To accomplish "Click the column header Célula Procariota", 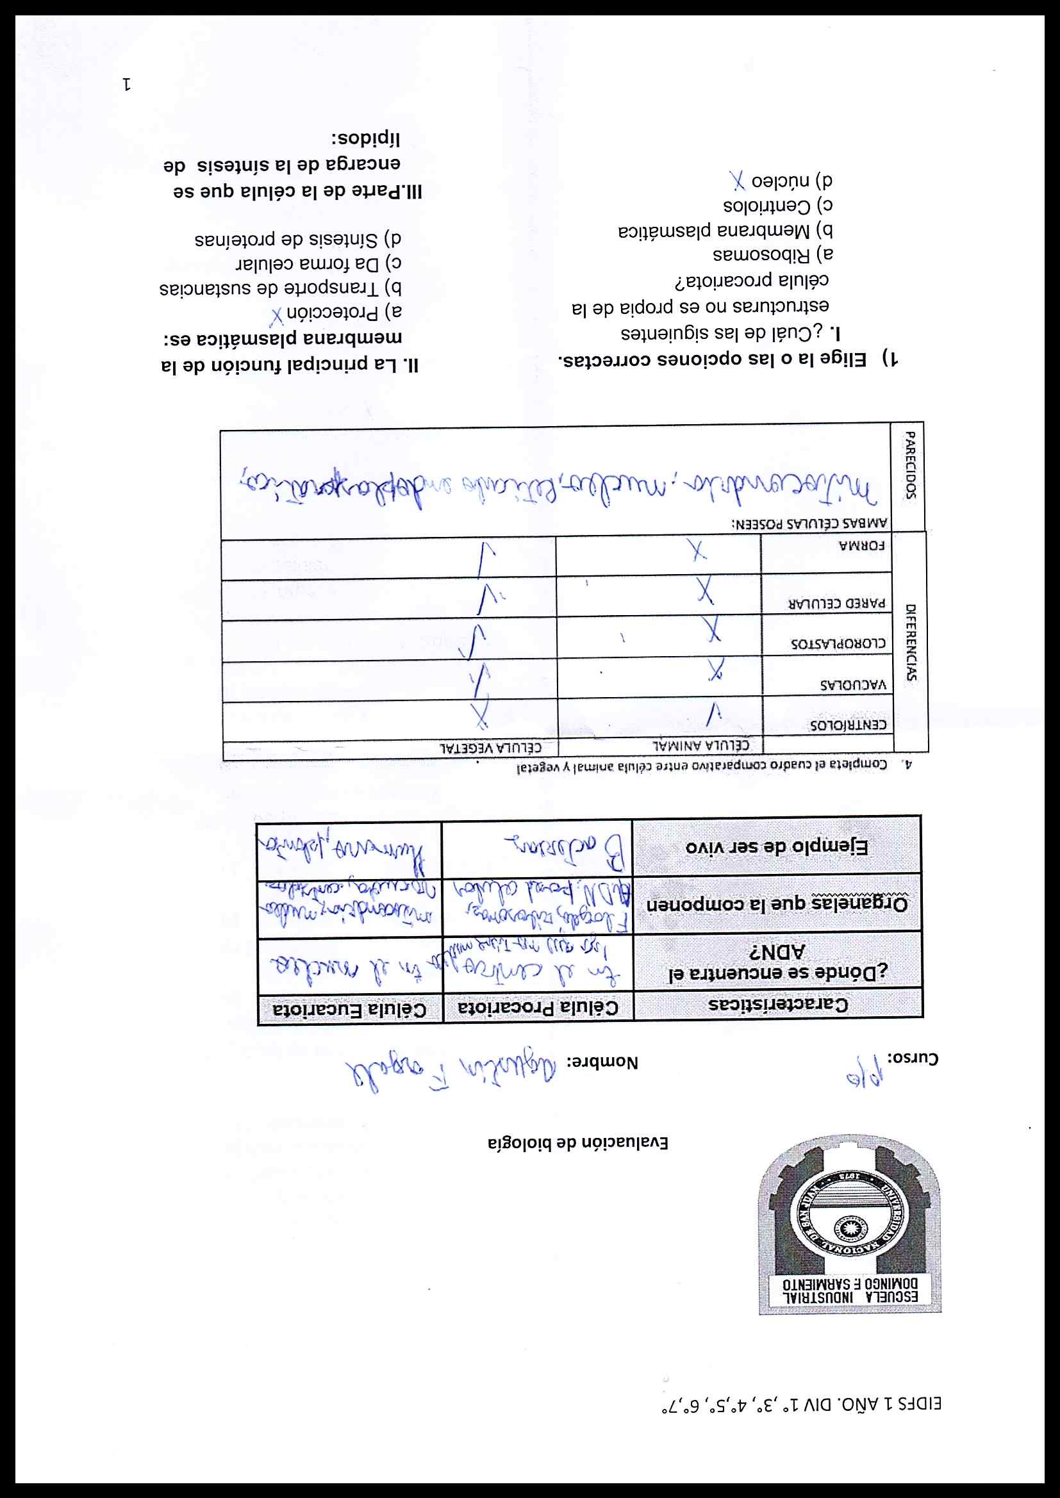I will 538,1007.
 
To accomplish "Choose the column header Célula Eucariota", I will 350,1010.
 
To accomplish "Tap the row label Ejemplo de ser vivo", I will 777,846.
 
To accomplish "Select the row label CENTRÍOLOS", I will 848,724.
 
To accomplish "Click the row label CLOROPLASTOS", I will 838,643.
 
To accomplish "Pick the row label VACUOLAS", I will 853,685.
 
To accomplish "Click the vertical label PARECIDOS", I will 909,465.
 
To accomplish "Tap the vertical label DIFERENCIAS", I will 911,642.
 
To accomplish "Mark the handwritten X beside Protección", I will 277,317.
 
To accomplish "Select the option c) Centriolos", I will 777,206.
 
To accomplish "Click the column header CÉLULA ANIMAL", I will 701,745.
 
